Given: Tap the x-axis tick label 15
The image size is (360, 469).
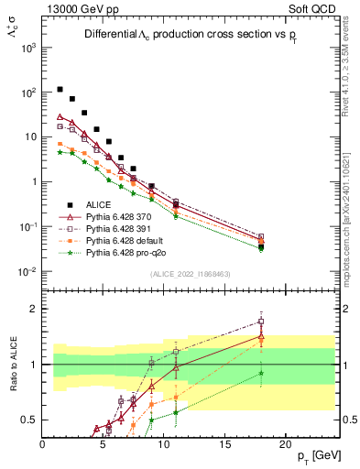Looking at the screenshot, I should click(x=224, y=443).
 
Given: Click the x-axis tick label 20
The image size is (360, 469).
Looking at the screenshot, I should click(x=285, y=443).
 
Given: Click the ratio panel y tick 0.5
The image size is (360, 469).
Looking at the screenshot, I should click(x=30, y=420).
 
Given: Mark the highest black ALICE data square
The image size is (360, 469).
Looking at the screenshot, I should click(x=60, y=90).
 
